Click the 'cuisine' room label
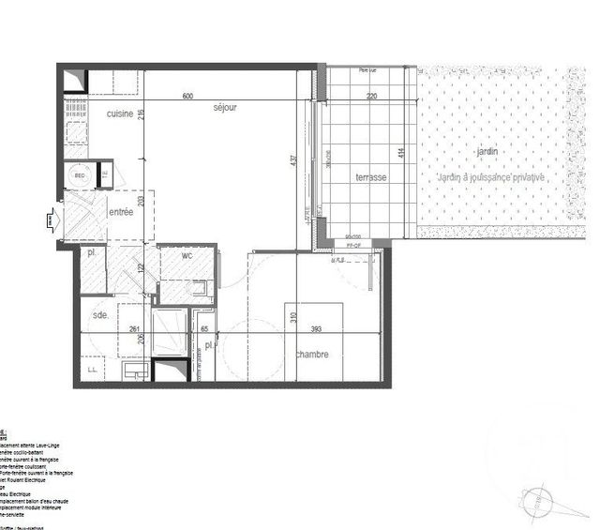tap(119, 114)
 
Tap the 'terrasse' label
tap(370, 178)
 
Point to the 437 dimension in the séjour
tap(294, 161)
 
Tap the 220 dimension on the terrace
tap(371, 96)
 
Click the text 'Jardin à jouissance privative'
tap(487, 177)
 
